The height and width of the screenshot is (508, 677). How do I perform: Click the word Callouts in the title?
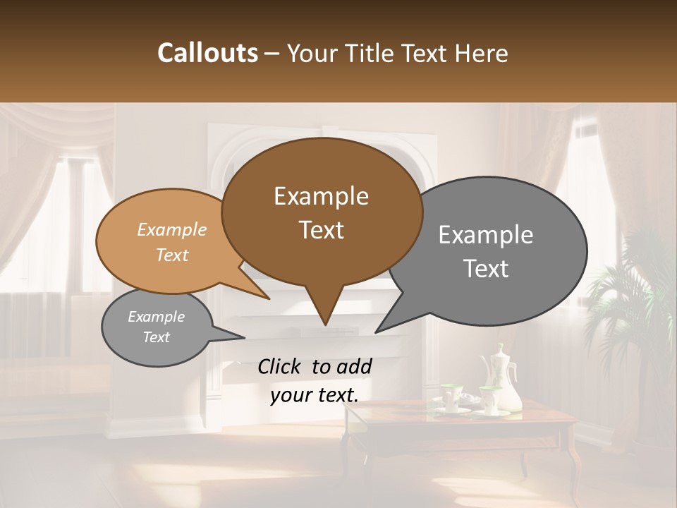tap(207, 53)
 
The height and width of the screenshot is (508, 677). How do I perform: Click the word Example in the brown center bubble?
tap(321, 196)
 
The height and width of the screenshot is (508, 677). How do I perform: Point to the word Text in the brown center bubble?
tap(321, 230)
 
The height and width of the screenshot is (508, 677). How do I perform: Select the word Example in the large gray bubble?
tap(486, 235)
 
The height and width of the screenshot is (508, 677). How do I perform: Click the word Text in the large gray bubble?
tap(486, 269)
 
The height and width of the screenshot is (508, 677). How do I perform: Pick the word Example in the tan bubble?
tap(172, 230)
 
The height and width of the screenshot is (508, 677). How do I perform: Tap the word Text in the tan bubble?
tap(172, 255)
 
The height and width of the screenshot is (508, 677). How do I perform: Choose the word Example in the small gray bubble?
tap(156, 317)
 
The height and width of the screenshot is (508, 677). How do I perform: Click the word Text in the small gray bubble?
tap(156, 337)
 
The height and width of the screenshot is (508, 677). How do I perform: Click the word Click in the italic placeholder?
tap(281, 366)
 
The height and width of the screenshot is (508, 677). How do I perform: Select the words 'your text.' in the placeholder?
tap(314, 395)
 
